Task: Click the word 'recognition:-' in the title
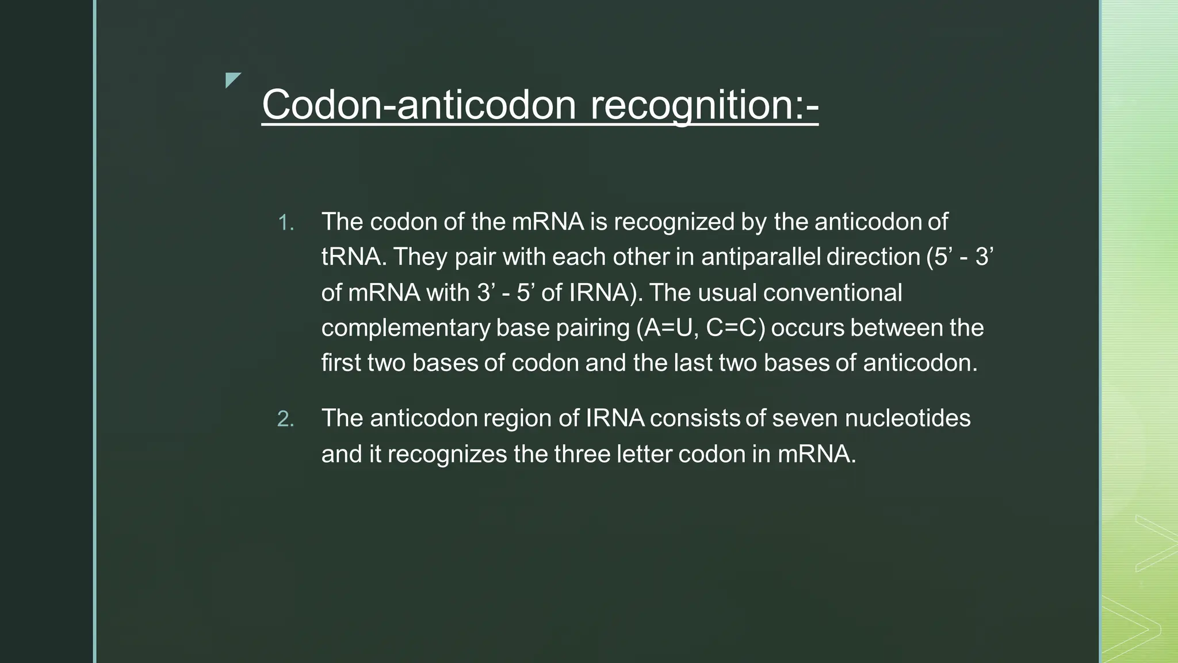(x=704, y=105)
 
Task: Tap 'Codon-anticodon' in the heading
(x=419, y=105)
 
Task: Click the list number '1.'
(x=286, y=223)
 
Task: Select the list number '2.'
(x=286, y=419)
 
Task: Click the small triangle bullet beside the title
(x=232, y=80)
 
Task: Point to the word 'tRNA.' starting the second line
(x=353, y=257)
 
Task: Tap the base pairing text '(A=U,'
(x=667, y=327)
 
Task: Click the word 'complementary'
(x=406, y=328)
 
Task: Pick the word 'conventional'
(x=832, y=292)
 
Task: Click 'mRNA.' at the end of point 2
(x=817, y=454)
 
